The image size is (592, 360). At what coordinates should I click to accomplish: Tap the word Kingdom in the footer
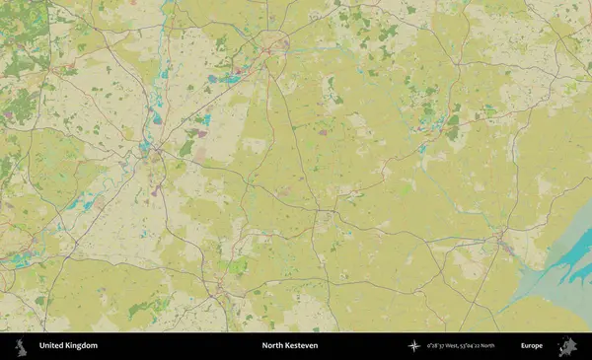click(82, 346)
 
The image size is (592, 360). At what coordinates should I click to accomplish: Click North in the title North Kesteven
click(273, 346)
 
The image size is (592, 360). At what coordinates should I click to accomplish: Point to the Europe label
click(532, 346)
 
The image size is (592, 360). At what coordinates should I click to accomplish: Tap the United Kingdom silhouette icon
click(21, 346)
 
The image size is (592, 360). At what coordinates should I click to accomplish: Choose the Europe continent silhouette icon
click(566, 346)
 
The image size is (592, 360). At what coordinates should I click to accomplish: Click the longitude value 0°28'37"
click(437, 346)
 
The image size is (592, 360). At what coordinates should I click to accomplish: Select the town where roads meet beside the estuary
click(504, 240)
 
